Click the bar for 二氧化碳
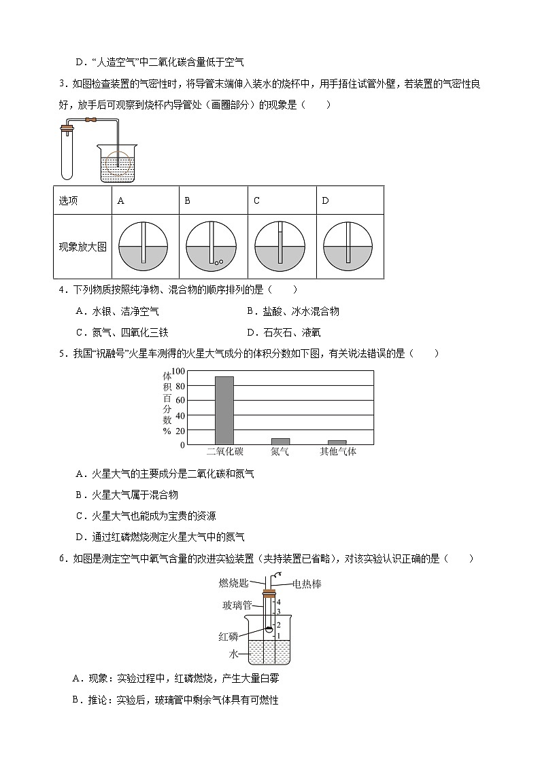click(224, 410)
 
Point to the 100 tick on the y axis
click(178, 371)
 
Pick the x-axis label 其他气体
click(338, 452)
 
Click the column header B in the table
click(188, 200)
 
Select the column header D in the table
click(325, 200)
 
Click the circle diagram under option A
click(144, 247)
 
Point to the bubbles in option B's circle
click(217, 262)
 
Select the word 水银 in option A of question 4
click(101, 312)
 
